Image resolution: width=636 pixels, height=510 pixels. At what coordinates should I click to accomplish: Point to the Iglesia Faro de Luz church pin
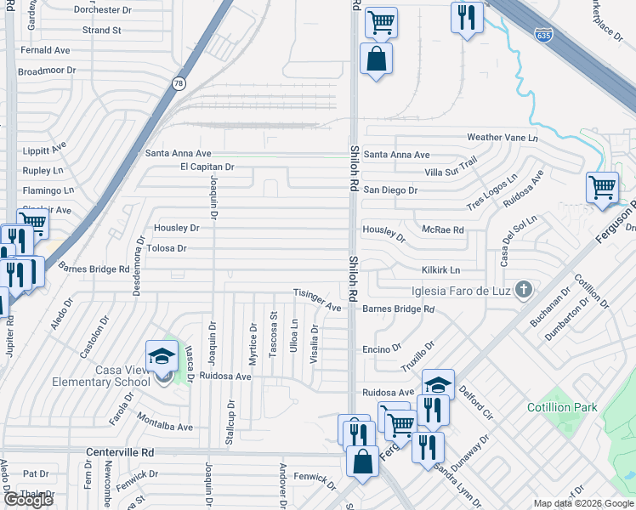(x=524, y=290)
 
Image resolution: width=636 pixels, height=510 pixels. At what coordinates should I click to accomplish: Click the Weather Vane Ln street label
(x=503, y=138)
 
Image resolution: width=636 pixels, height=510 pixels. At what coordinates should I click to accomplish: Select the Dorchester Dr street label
(x=104, y=10)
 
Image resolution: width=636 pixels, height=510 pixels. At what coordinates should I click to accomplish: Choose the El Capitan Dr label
(x=207, y=167)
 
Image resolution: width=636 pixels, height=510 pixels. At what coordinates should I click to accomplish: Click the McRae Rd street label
(x=443, y=230)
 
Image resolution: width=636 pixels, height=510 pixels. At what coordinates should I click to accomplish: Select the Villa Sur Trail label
(x=451, y=168)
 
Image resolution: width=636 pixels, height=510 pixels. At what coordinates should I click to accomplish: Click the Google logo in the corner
(x=28, y=500)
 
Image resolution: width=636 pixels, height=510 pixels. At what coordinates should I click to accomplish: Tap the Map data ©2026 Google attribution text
(x=582, y=503)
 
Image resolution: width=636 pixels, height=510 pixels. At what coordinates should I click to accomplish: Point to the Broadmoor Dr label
(x=47, y=70)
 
